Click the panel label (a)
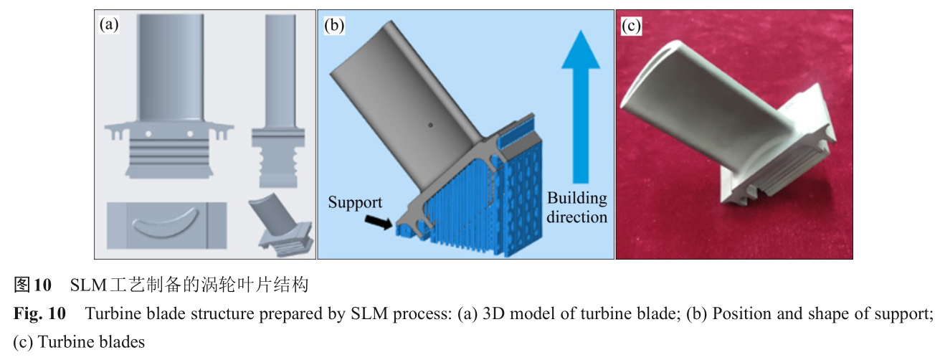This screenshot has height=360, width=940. tap(109, 26)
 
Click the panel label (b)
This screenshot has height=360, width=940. tap(333, 26)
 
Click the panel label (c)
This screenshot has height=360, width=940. tap(631, 26)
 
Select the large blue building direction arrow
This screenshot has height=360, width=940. tap(581, 108)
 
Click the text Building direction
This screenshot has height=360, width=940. tap(577, 207)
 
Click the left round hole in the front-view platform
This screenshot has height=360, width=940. tap(148, 133)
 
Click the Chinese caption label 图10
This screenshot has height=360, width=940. tap(33, 285)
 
